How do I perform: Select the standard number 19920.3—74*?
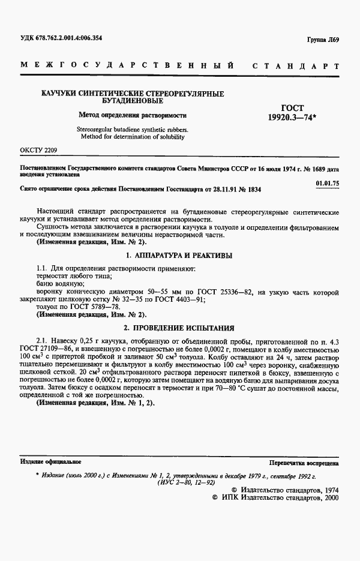coord(295,118)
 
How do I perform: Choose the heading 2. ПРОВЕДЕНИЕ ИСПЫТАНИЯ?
coord(179,328)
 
